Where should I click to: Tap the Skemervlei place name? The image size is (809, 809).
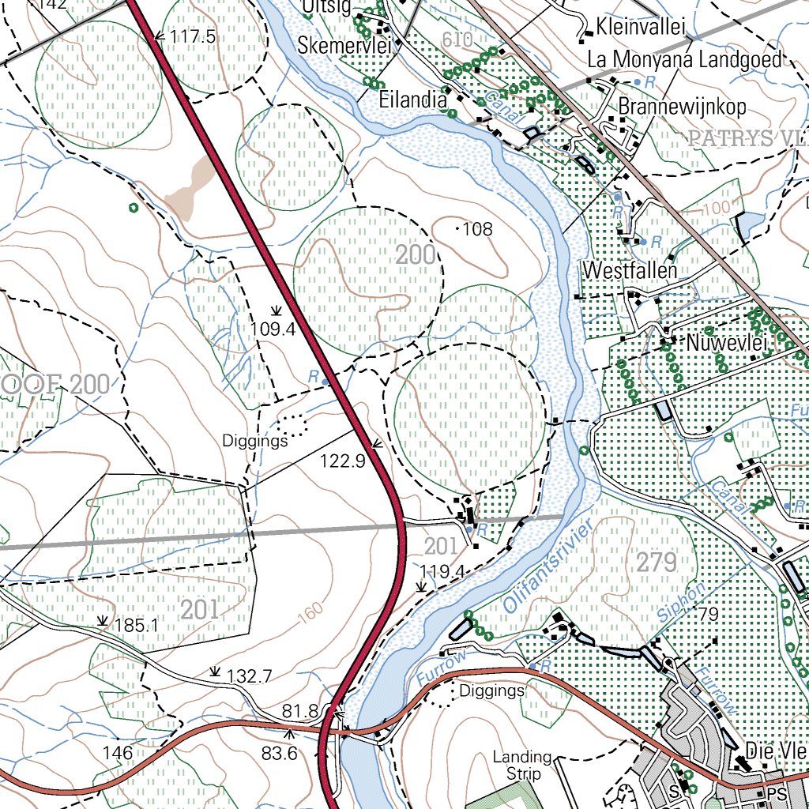point(344,47)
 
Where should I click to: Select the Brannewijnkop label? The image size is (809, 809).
point(683,106)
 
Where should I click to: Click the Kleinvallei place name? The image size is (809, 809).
point(648,26)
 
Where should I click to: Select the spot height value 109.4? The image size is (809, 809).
point(273,329)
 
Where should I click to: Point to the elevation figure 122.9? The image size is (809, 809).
point(342,461)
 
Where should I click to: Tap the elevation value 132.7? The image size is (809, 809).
point(249,675)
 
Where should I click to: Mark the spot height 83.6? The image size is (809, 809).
point(279,754)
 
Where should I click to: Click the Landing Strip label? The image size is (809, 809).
point(521,765)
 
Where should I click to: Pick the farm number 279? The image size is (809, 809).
point(657,563)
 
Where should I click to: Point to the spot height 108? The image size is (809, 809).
point(477,229)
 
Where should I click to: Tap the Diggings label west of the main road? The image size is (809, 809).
point(254,441)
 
